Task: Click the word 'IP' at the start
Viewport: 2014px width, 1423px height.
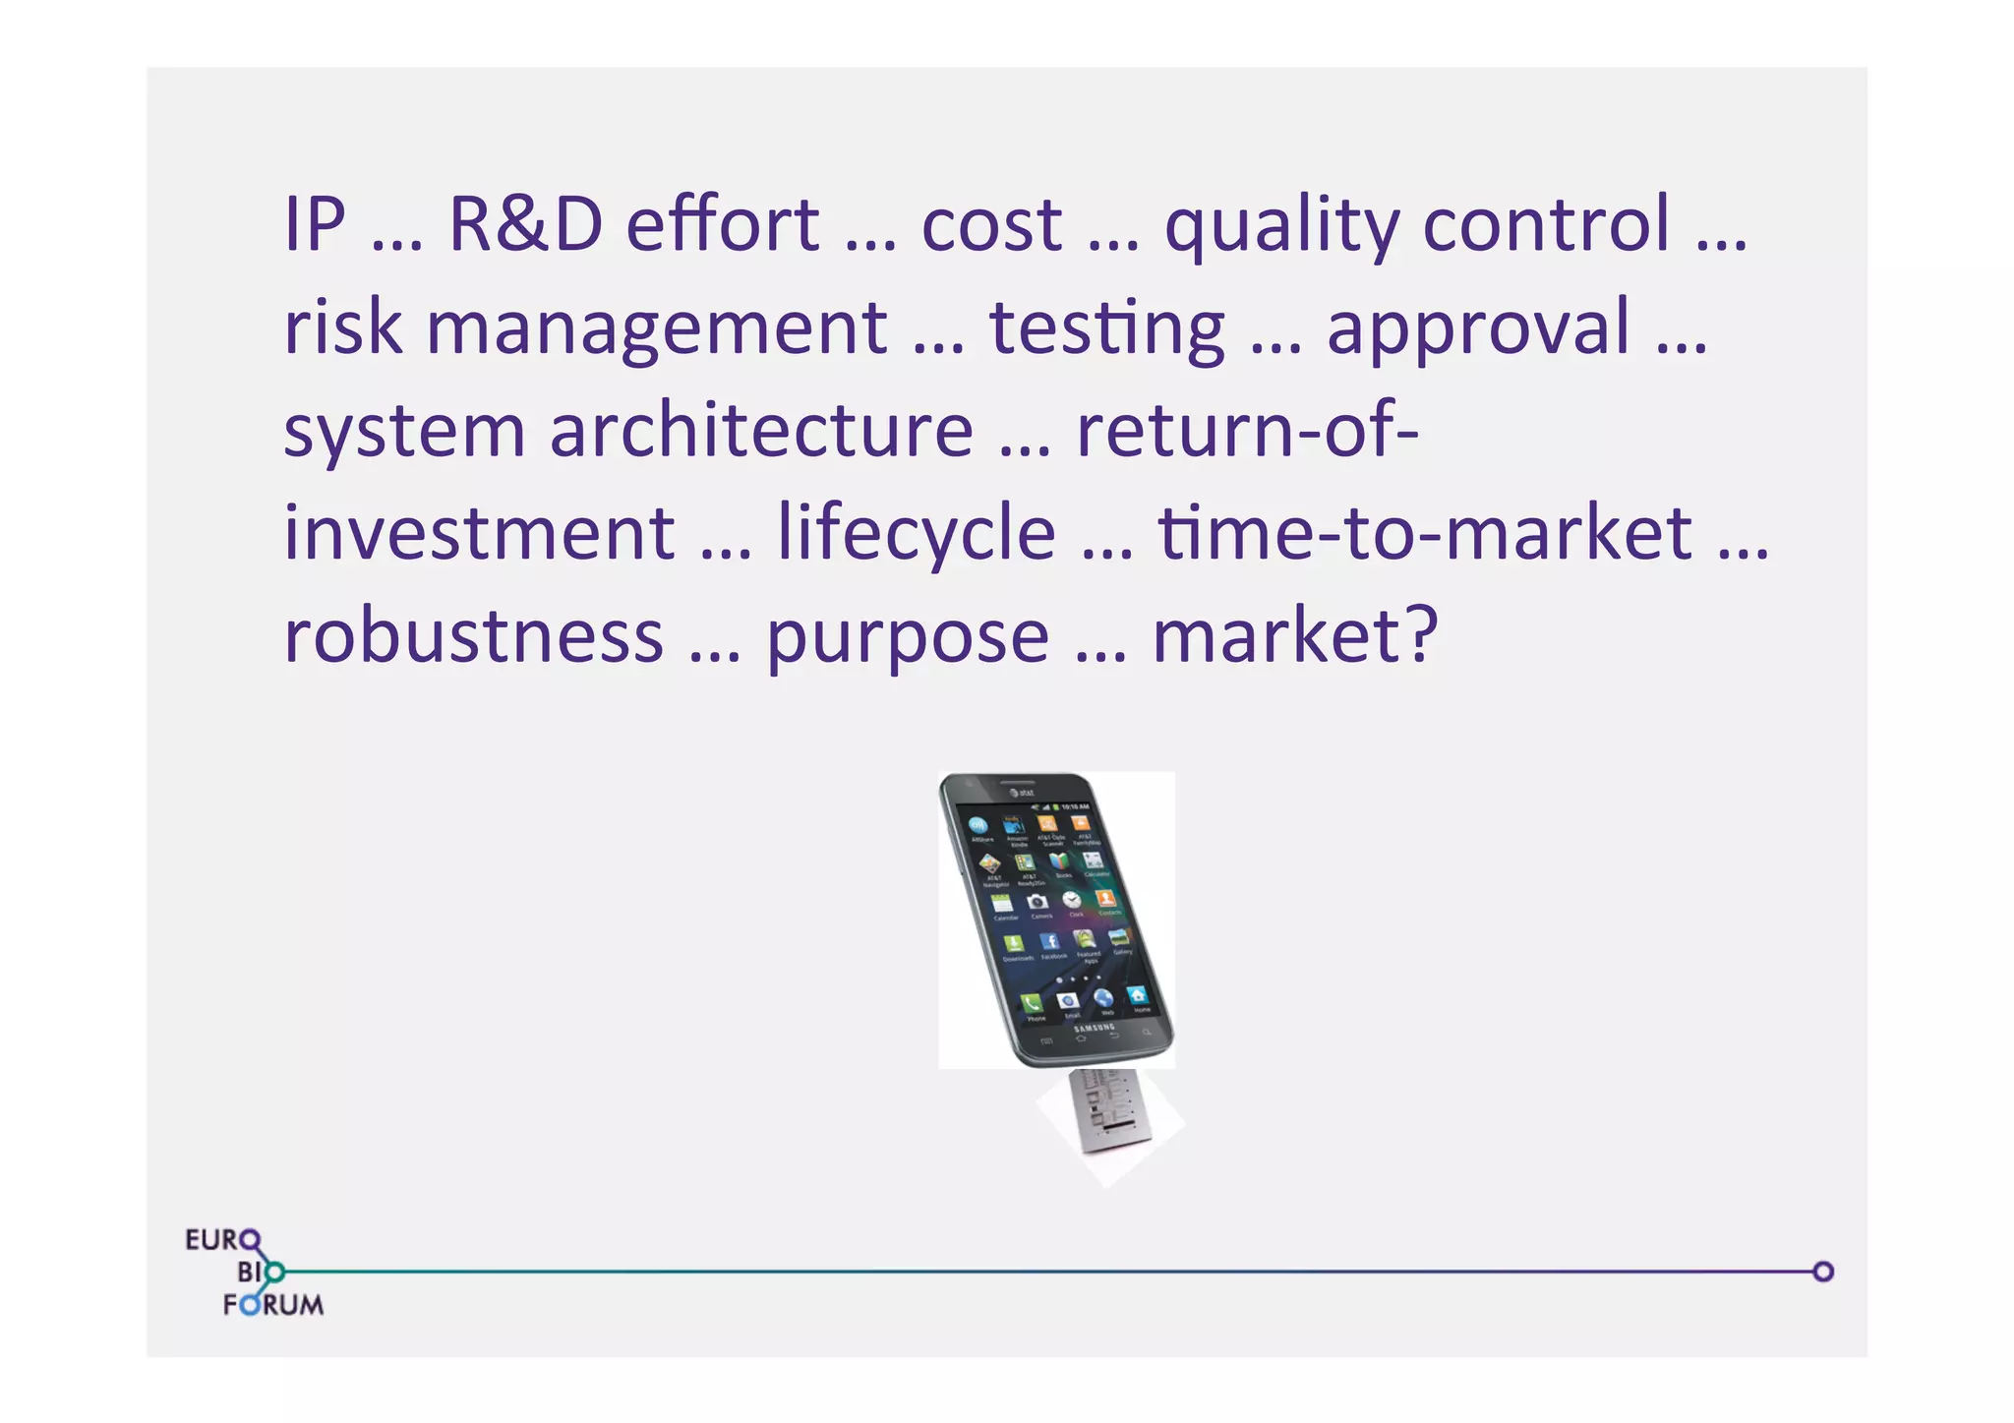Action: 315,224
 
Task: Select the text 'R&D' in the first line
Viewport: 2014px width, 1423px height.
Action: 525,224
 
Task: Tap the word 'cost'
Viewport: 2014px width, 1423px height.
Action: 990,224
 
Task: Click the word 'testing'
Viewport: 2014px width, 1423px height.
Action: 1107,328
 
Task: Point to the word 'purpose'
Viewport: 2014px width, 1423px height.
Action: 907,639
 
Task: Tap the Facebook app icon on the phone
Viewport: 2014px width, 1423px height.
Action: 1049,941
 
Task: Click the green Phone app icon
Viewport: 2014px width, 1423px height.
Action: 1030,1003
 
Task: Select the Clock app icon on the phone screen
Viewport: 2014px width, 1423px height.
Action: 1072,900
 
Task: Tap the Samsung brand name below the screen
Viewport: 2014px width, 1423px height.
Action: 1095,1028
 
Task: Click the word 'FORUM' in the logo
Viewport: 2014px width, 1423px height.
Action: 273,1305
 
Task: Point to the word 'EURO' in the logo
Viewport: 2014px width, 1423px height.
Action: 222,1239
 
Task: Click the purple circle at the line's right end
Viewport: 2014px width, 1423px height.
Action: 1822,1272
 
